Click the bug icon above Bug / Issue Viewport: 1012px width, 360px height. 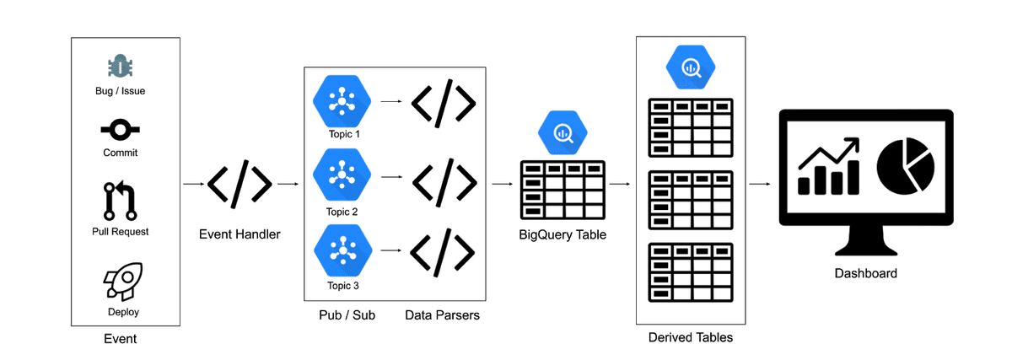[x=120, y=67]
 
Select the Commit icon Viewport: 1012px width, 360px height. [x=120, y=130]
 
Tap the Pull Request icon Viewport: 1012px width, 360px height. [x=120, y=201]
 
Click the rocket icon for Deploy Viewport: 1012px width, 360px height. [x=123, y=281]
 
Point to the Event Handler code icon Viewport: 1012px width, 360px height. [x=240, y=184]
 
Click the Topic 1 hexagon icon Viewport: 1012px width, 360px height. [x=342, y=101]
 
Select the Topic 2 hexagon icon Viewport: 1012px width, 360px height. [x=342, y=175]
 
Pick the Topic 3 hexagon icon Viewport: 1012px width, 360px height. [x=343, y=250]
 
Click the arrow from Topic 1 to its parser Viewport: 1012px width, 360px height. [x=391, y=101]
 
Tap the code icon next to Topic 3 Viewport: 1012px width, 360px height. [x=442, y=252]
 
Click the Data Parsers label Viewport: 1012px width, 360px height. [x=442, y=314]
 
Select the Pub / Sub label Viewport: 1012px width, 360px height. [x=347, y=314]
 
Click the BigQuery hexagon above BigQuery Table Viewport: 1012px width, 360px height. [x=563, y=133]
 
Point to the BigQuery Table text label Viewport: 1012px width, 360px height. [x=563, y=234]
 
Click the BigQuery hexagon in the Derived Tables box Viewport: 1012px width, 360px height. [x=691, y=67]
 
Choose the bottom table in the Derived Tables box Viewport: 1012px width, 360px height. [x=691, y=273]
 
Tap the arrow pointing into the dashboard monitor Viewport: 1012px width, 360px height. [x=760, y=184]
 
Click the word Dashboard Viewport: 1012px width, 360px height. [x=865, y=273]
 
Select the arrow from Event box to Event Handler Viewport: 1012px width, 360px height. [x=194, y=184]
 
